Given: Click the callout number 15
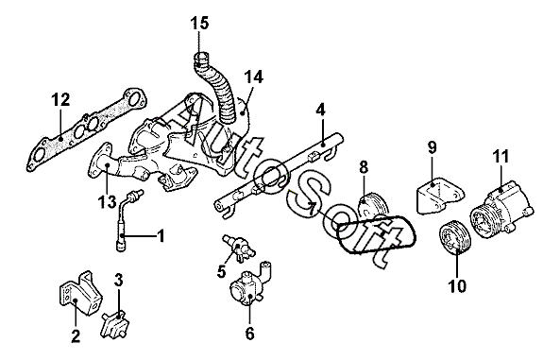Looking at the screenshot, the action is coord(199,24).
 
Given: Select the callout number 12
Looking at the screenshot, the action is coord(60,100).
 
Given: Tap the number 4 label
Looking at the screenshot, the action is coord(321,111).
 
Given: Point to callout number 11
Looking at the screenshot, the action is coord(501,157).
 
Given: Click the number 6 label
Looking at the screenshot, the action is coord(249,334).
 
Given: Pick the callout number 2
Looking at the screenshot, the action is coord(76,336).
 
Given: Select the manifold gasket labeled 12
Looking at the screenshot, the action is coord(87,129).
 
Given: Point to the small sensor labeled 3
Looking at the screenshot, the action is coord(114,322).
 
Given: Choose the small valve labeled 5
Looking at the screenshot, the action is coord(237,247).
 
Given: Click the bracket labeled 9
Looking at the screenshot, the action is coord(440,197).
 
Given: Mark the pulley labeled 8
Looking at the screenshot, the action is coord(372,206).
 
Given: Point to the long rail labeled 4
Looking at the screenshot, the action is coord(279,176).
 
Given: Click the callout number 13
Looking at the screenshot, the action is coord(107,202).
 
